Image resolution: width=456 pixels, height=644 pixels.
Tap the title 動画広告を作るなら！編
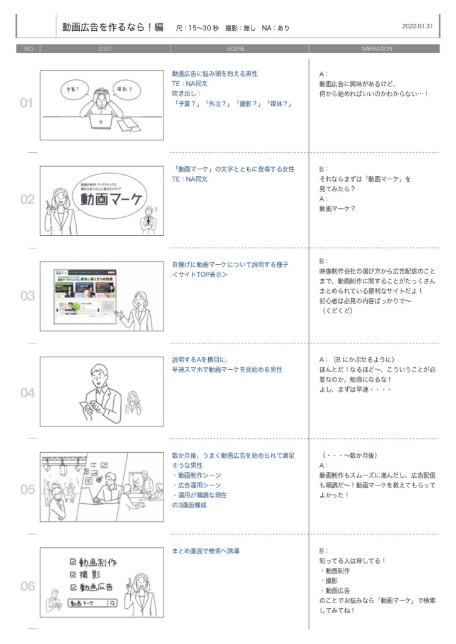[x=113, y=27]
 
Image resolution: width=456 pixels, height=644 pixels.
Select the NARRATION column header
[x=376, y=48]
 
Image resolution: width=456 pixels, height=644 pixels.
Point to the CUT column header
[x=106, y=48]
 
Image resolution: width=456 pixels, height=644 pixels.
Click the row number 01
[x=26, y=104]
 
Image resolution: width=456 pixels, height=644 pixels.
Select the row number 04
[x=27, y=393]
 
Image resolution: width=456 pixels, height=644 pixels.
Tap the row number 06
[x=27, y=586]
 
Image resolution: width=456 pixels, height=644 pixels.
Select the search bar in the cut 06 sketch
[x=93, y=602]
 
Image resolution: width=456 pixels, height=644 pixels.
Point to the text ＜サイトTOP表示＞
[x=200, y=275]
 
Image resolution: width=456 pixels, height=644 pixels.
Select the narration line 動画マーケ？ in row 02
[x=336, y=209]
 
